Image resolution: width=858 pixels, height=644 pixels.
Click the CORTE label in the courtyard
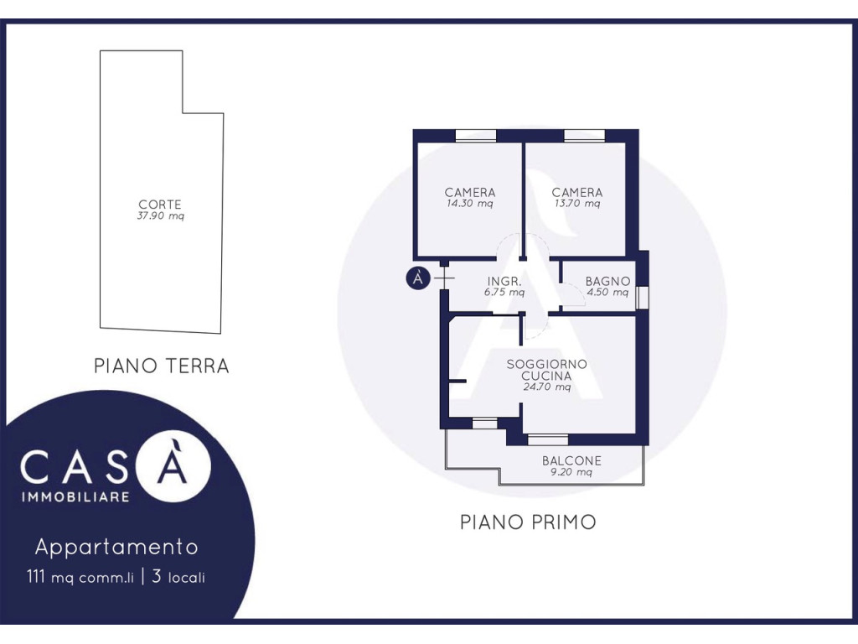click(160, 205)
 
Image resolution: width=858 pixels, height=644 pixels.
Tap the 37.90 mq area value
click(160, 216)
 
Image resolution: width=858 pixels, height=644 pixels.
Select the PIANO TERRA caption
click(162, 366)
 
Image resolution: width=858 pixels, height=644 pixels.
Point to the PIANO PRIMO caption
click(528, 522)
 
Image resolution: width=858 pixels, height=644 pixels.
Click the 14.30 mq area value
click(469, 204)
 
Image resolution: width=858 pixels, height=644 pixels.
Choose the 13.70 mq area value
click(577, 204)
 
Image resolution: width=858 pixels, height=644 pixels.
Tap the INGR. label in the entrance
click(504, 282)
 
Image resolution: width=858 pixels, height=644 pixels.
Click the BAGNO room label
click(608, 282)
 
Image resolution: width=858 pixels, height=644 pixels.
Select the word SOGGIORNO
click(546, 364)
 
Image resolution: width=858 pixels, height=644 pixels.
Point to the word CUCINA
click(546, 377)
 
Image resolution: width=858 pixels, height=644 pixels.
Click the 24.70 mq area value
click(546, 387)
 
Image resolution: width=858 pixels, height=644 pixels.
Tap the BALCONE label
click(571, 461)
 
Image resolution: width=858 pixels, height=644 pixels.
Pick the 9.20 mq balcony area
click(571, 472)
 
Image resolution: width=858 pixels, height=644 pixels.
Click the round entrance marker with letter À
click(418, 278)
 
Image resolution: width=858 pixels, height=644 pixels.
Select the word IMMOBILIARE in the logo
click(75, 497)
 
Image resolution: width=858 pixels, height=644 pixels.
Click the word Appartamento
click(116, 547)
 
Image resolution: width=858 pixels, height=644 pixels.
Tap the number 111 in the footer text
click(35, 577)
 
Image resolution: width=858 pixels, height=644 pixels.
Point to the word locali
click(187, 578)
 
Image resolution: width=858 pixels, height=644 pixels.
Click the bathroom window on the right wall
click(643, 296)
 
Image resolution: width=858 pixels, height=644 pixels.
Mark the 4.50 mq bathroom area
click(608, 293)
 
